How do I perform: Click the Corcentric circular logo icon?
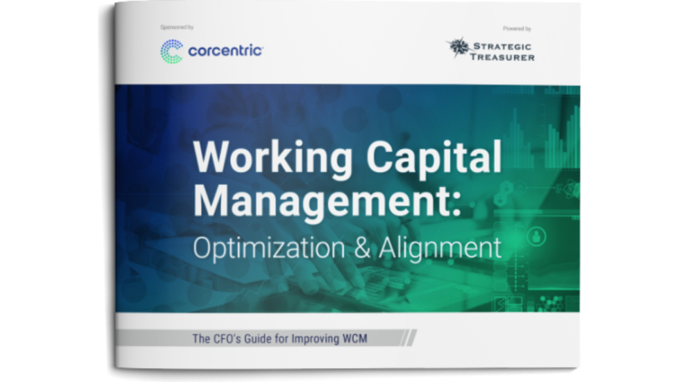point(171,51)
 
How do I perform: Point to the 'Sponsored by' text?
point(177,28)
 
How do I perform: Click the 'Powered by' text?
point(517,28)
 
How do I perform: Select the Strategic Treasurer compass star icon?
point(458,48)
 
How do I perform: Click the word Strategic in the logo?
point(503,46)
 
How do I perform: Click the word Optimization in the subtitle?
point(272,248)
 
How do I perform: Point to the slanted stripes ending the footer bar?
point(410,338)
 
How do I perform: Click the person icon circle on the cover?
point(535,237)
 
